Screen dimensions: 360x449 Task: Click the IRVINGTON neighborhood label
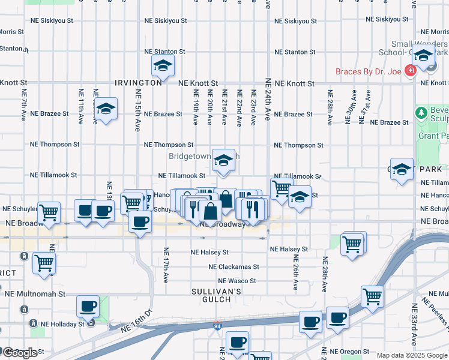(138, 83)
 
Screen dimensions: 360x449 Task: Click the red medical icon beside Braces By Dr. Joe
(411, 72)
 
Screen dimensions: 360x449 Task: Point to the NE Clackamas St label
(234, 266)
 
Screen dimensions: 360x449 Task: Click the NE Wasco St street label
(237, 281)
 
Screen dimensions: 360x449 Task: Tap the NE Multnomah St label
(35, 294)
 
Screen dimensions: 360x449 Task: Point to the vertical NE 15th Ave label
(138, 110)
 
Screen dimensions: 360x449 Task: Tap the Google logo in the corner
(19, 353)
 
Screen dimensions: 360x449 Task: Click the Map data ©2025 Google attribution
(412, 356)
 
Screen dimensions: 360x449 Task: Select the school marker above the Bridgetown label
(223, 161)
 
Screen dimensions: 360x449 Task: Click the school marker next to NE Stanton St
(163, 66)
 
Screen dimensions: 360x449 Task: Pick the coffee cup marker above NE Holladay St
(88, 307)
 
